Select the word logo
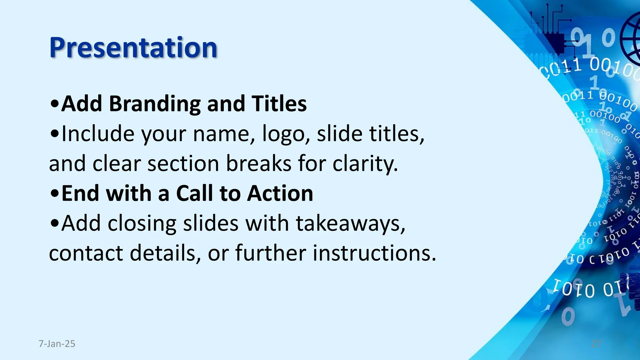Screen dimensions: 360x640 283,134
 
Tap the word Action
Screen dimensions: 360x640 280,193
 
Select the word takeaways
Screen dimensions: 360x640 350,224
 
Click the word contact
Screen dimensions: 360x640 86,253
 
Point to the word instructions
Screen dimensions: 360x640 374,253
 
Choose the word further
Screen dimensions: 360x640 271,253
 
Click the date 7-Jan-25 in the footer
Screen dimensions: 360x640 57,344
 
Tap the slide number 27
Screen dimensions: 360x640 596,344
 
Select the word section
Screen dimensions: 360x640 183,163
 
